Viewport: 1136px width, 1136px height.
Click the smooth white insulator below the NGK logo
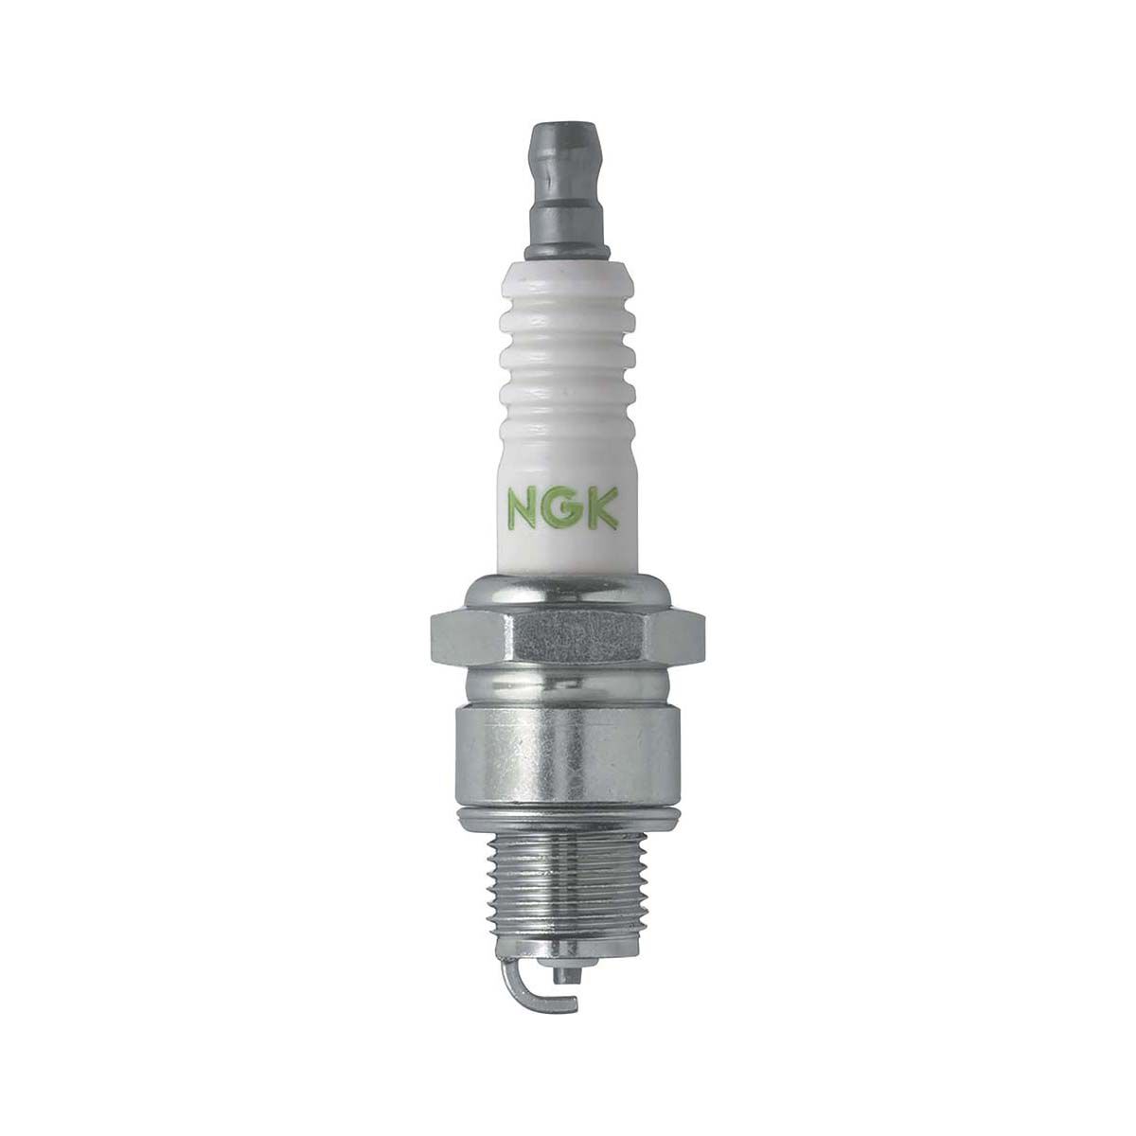568,554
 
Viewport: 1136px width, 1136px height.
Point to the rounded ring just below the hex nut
568,683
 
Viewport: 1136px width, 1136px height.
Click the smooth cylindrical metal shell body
568,748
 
